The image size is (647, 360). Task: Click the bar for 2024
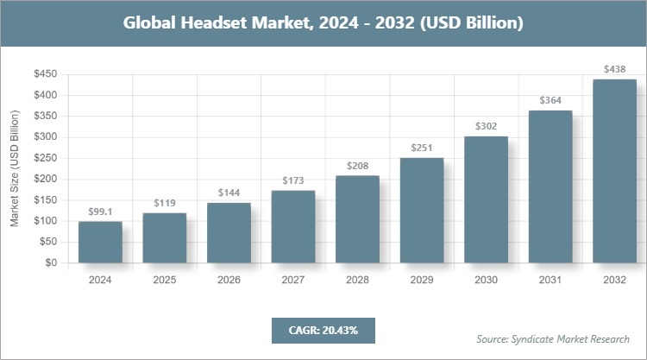(100, 242)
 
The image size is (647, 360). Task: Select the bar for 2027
(293, 226)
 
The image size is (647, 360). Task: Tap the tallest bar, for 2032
(614, 171)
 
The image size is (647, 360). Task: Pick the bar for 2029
(422, 210)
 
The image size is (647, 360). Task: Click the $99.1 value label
(100, 212)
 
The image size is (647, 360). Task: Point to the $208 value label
(357, 165)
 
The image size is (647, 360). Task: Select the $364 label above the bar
(550, 100)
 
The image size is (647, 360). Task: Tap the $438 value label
(614, 69)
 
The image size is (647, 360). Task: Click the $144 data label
(229, 193)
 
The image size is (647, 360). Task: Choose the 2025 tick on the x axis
(165, 280)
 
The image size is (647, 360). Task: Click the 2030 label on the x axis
(486, 280)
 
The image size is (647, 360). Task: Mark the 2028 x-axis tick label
(357, 280)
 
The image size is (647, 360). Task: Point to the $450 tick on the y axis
(45, 74)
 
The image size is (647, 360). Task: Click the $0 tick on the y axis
(51, 262)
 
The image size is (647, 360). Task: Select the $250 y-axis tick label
(45, 158)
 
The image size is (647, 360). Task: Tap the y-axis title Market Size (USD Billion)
(15, 168)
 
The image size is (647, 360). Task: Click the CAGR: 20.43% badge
(323, 330)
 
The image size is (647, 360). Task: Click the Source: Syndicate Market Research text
(553, 338)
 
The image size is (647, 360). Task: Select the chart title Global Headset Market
(323, 22)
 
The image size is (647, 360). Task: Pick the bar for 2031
(550, 186)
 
